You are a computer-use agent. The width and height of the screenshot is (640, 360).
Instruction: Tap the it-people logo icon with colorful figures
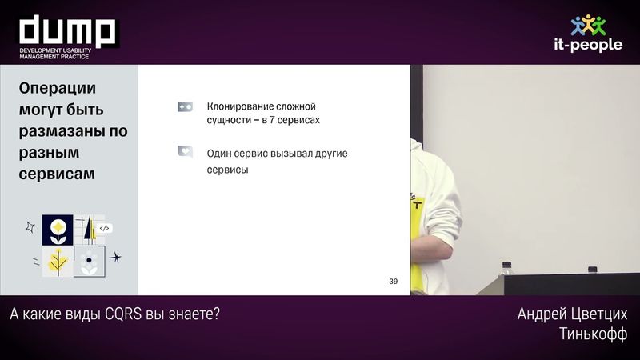coord(588,25)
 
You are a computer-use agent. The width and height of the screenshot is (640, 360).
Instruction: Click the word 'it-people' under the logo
coord(588,46)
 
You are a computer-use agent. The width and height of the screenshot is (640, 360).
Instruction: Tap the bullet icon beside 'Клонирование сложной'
coord(185,106)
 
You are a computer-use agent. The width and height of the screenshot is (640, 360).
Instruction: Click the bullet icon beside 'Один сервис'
coord(185,150)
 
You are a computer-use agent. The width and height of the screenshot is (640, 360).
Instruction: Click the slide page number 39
coord(393,281)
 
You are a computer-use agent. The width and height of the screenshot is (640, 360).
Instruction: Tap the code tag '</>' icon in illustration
coord(104,228)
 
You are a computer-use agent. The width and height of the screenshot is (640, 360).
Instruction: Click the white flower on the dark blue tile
coord(58,230)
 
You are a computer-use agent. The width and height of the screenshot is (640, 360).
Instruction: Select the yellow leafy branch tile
coord(58,261)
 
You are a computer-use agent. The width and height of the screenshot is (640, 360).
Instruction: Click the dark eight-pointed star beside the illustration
coord(116,258)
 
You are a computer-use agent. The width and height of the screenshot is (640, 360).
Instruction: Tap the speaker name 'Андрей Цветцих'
coord(572,314)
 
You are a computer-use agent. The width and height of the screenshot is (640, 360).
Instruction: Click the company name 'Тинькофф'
coord(593,333)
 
